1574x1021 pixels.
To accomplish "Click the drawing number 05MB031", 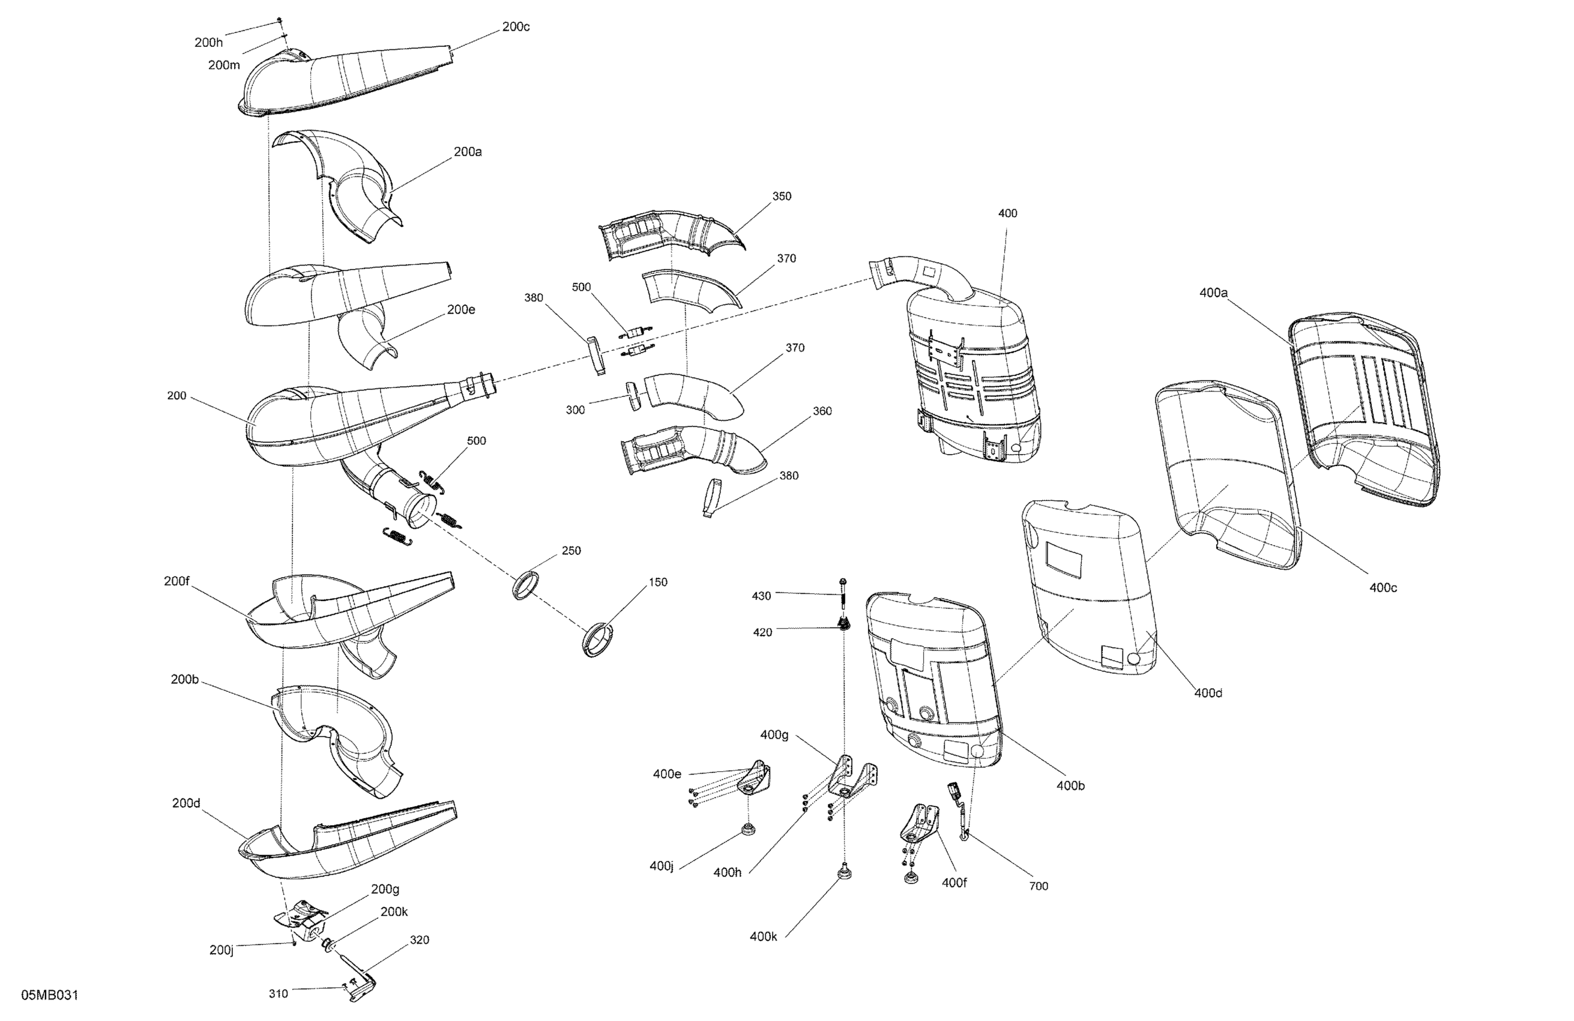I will (x=50, y=995).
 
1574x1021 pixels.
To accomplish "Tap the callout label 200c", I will (x=515, y=26).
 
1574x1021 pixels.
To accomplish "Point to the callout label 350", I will (x=781, y=196).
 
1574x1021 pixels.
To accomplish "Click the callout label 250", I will (x=571, y=551).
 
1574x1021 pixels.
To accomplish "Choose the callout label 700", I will (x=1039, y=886).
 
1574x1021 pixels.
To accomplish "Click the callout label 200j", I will (x=222, y=950).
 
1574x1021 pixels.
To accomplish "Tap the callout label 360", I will (x=821, y=411).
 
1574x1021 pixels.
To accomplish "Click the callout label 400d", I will (x=1208, y=693).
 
